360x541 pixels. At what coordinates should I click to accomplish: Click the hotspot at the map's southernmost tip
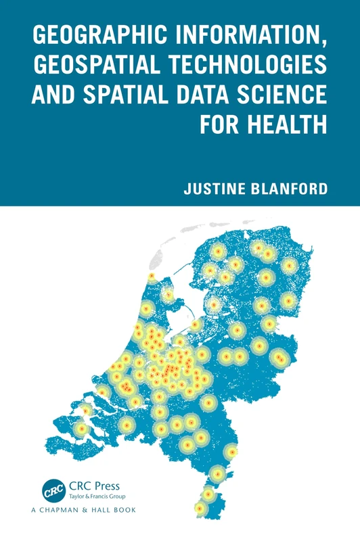point(200,507)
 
